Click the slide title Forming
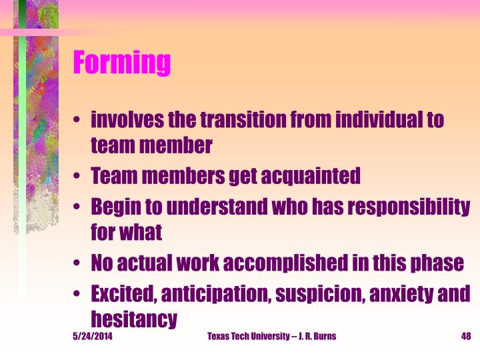(x=122, y=63)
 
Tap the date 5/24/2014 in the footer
(x=92, y=336)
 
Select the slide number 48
(x=466, y=336)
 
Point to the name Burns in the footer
(x=324, y=336)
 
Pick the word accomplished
(x=284, y=263)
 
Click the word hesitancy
(x=134, y=318)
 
